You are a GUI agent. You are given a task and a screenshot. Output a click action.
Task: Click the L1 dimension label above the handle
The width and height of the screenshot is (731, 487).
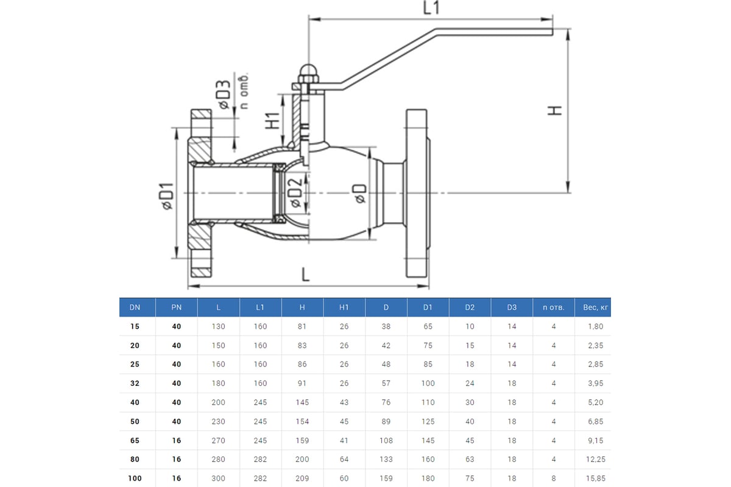(x=431, y=8)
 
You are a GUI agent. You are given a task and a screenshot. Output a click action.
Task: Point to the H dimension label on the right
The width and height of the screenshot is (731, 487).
(x=554, y=110)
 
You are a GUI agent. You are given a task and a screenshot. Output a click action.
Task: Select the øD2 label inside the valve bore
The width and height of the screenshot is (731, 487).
(x=294, y=191)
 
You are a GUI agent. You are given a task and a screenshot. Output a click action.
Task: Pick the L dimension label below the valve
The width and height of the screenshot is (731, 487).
(x=306, y=273)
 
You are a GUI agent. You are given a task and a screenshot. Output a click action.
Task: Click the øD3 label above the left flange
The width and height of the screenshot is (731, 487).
(x=224, y=95)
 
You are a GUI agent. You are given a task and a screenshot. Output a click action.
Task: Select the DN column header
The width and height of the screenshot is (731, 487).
(x=135, y=307)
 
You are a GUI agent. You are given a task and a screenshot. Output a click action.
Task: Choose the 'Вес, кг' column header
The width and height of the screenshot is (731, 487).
(x=595, y=307)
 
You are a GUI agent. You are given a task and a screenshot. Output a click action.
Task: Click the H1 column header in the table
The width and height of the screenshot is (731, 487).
(x=344, y=307)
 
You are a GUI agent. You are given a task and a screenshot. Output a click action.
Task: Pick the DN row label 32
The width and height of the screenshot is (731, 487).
(x=135, y=384)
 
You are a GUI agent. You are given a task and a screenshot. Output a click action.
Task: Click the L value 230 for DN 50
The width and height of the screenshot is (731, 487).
(x=218, y=421)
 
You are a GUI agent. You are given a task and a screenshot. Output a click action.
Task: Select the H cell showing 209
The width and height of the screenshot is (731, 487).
(x=302, y=478)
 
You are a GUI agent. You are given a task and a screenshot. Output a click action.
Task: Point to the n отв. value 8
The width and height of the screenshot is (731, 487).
(x=554, y=478)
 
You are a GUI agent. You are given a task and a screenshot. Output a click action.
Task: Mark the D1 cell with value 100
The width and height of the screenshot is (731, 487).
(x=428, y=384)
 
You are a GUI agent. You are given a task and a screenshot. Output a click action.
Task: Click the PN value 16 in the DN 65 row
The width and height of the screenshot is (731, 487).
(x=177, y=440)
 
